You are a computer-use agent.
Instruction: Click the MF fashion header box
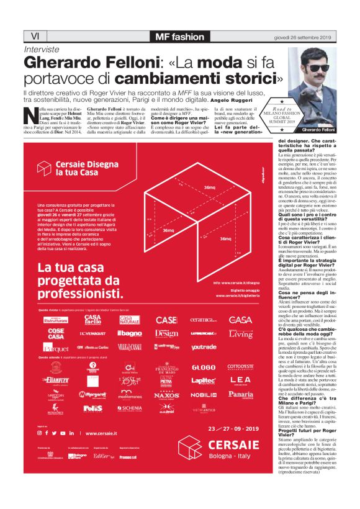pyautogui.click(x=179, y=35)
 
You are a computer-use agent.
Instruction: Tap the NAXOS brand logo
pyautogui.click(x=166, y=394)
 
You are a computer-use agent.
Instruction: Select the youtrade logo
pyautogui.click(x=204, y=348)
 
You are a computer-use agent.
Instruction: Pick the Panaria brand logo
pyautogui.click(x=240, y=394)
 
